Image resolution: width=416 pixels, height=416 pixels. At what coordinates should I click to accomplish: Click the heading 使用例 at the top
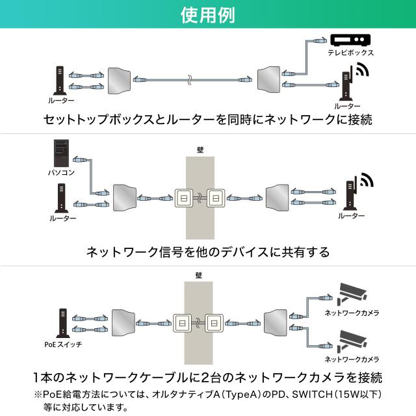coord(207,14)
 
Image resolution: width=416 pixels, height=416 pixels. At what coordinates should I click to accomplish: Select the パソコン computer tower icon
coord(61,153)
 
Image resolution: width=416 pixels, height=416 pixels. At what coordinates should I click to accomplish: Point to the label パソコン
coord(60,173)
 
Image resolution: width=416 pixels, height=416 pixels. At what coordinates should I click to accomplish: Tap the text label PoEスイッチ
coord(60,344)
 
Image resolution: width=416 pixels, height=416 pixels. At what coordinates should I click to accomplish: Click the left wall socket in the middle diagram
coord(183,197)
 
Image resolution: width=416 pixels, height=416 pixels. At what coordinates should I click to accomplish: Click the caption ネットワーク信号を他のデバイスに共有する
coord(207,252)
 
